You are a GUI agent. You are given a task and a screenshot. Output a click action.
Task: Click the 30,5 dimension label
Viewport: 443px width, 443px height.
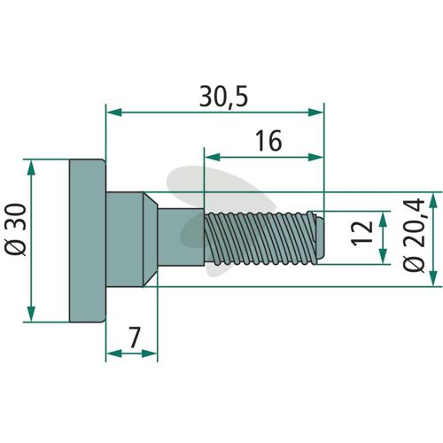pos(223,97)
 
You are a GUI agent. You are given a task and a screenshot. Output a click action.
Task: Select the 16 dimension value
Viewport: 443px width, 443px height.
pos(268,141)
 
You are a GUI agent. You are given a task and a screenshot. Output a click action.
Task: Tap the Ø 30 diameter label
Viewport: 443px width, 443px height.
pos(16,229)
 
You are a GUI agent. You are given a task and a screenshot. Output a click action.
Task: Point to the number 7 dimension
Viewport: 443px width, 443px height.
pos(134,338)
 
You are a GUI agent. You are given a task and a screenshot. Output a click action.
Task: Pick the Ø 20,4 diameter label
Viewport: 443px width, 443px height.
pos(414,236)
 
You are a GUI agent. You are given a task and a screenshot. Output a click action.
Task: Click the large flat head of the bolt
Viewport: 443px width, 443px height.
pos(88,241)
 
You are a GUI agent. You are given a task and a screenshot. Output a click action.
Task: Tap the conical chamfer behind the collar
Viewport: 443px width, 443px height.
pos(150,239)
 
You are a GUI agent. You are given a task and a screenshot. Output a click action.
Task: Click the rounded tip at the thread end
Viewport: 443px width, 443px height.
pos(321,237)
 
